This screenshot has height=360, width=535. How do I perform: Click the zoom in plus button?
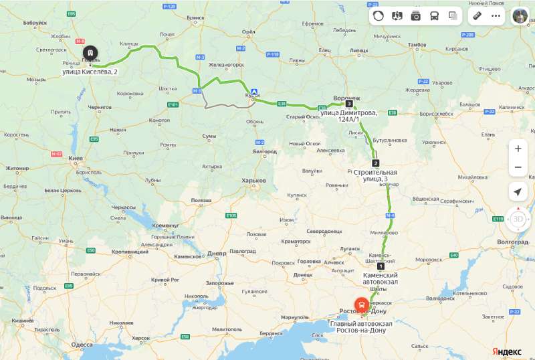[518, 149]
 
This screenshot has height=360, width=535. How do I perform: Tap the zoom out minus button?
[518, 167]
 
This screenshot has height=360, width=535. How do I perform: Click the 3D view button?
[518, 219]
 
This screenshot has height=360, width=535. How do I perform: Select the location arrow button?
[518, 192]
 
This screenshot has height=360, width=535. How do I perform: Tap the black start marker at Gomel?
[90, 53]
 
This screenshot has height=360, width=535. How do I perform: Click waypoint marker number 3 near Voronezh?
[349, 103]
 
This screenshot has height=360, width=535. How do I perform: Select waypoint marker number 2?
[375, 163]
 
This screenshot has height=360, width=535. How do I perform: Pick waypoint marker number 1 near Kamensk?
[381, 266]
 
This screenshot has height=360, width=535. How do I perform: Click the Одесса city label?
[82, 345]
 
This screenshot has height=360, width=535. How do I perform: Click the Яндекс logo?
[508, 351]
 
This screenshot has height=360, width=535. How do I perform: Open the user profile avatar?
[520, 16]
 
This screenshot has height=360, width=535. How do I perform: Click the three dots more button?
[496, 16]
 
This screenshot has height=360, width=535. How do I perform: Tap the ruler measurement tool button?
[477, 16]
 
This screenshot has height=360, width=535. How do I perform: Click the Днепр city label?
[217, 254]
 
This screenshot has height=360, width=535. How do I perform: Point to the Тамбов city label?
[417, 45]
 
